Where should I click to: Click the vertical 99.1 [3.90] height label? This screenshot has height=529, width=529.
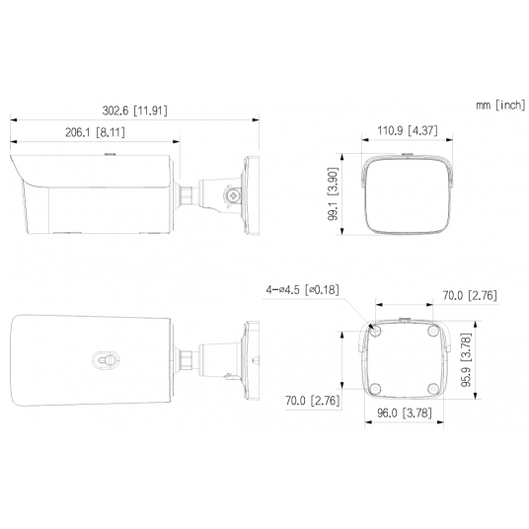pos(335,194)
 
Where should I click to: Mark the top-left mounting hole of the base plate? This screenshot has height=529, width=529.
pos(375,331)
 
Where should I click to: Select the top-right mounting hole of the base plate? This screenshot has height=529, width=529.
pos(431,331)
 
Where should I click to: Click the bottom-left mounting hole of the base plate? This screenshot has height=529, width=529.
pos(375,387)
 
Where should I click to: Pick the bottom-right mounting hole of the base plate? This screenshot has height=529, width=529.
pos(431,387)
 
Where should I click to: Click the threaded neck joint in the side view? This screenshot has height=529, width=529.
pos(188,194)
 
